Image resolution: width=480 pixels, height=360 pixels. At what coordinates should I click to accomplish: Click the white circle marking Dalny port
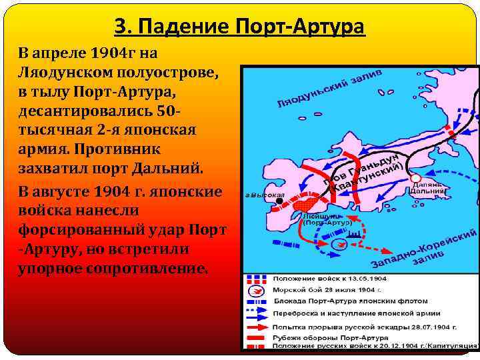pyautogui.click(x=415, y=178)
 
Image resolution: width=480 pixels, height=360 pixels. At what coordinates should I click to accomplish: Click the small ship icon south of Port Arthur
pyautogui.click(x=354, y=234)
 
